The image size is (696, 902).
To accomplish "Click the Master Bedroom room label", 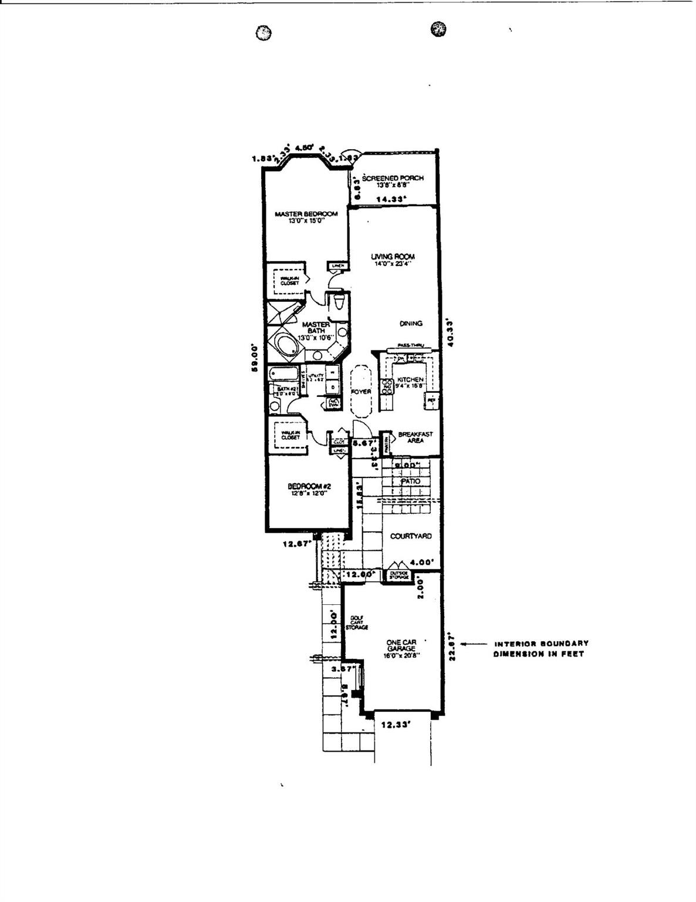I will [306, 214].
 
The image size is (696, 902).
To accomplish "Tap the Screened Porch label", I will [393, 178].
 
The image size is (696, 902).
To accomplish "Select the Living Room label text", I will [393, 257].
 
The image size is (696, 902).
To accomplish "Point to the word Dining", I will [411, 324].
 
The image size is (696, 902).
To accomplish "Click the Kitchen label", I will [410, 380].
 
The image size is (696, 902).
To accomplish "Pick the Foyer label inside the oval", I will [361, 392].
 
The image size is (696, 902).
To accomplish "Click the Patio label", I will [411, 482].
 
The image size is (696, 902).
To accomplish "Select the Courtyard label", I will [411, 536].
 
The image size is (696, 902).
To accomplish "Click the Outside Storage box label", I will [398, 576].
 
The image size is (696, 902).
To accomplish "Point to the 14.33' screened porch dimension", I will [391, 200].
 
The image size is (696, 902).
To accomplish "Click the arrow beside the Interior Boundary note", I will [471, 644].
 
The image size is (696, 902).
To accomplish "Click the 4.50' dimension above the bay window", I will [305, 149].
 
